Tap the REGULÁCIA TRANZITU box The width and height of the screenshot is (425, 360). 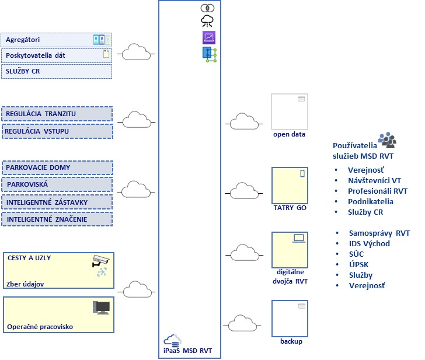tap(57, 114)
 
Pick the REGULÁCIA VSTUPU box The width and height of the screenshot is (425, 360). tap(57, 131)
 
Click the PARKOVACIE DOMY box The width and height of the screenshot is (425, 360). tap(57, 168)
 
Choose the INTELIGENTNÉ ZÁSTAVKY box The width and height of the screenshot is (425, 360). tap(57, 202)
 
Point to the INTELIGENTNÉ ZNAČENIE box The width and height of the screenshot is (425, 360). tap(57, 219)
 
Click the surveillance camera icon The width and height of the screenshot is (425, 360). tap(100, 260)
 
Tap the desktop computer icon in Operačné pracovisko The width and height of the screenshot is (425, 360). tap(101, 307)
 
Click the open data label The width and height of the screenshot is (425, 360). tap(289, 134)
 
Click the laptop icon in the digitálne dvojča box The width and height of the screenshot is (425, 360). tap(299, 237)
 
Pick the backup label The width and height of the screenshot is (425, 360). tap(291, 341)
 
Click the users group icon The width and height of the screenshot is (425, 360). tap(386, 139)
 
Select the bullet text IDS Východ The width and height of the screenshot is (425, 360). tap(369, 243)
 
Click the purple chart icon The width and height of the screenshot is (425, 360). tap(208, 38)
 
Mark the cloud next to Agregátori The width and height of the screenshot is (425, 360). tap(135, 52)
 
